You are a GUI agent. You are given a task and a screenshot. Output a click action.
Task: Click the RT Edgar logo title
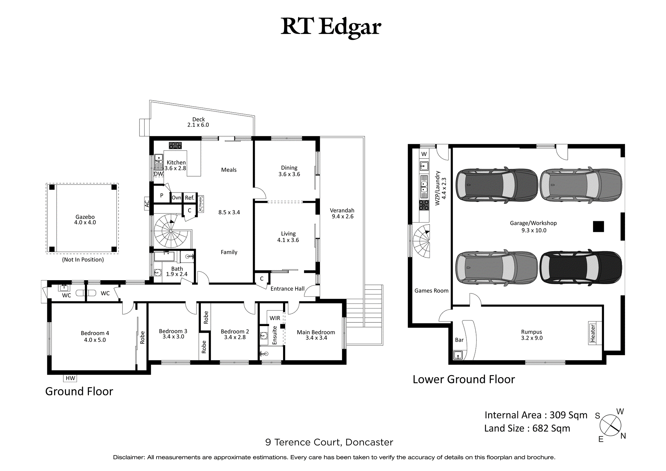(331, 27)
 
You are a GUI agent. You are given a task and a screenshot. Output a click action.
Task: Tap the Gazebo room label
(85, 217)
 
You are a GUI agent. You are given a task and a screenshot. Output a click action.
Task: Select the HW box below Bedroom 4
(70, 378)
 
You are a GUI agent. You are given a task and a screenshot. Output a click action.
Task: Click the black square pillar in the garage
(598, 227)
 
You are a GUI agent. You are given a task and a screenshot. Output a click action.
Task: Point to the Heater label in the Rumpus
(593, 333)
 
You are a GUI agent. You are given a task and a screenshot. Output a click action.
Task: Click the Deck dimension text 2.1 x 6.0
(198, 125)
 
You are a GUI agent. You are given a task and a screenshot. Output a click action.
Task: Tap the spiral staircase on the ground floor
(170, 231)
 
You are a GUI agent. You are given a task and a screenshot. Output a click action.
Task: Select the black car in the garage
(581, 267)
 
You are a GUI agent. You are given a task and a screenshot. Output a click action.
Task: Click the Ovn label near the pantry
(176, 198)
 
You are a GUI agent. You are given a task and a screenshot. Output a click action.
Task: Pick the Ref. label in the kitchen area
(189, 198)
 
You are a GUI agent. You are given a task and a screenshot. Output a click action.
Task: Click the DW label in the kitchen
(159, 174)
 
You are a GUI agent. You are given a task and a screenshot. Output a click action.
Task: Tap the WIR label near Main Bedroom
(275, 318)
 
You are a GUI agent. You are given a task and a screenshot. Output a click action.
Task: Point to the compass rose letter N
(623, 436)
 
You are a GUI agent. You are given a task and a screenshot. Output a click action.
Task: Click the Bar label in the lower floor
(459, 340)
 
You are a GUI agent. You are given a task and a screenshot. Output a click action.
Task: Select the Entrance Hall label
(287, 289)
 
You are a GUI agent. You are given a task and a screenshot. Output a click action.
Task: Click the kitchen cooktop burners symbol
(175, 145)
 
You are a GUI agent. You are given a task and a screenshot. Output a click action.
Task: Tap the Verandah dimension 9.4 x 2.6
(343, 217)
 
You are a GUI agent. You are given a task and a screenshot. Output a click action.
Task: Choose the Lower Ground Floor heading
(464, 379)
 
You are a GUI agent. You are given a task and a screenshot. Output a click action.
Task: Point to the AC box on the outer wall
(147, 203)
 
